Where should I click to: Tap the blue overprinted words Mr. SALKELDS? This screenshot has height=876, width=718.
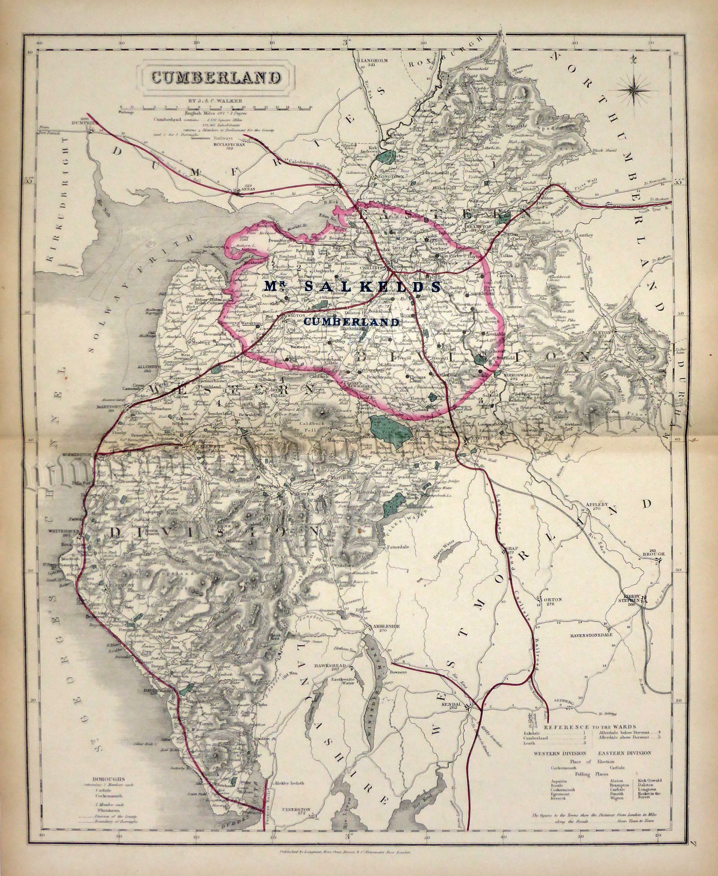[x=351, y=287]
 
